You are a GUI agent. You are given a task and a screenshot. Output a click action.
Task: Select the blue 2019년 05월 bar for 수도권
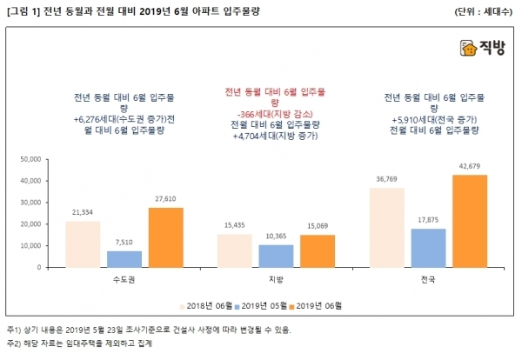[124, 258]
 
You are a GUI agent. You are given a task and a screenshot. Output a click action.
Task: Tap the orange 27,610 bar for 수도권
[165, 237]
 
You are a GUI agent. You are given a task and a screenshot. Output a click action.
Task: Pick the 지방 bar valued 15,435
[234, 250]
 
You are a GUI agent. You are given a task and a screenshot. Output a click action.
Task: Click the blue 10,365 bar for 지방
[276, 256]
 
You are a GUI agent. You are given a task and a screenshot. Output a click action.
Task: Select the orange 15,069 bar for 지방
[317, 250]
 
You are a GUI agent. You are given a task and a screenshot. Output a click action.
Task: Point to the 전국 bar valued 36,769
[386, 227]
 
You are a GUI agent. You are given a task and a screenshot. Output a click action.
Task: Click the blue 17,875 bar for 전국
[428, 247]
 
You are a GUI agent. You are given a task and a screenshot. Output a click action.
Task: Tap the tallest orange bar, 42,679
[469, 221]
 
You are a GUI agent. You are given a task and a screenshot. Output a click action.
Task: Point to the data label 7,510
[124, 243]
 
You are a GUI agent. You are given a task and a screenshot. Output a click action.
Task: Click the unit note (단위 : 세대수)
[485, 11]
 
